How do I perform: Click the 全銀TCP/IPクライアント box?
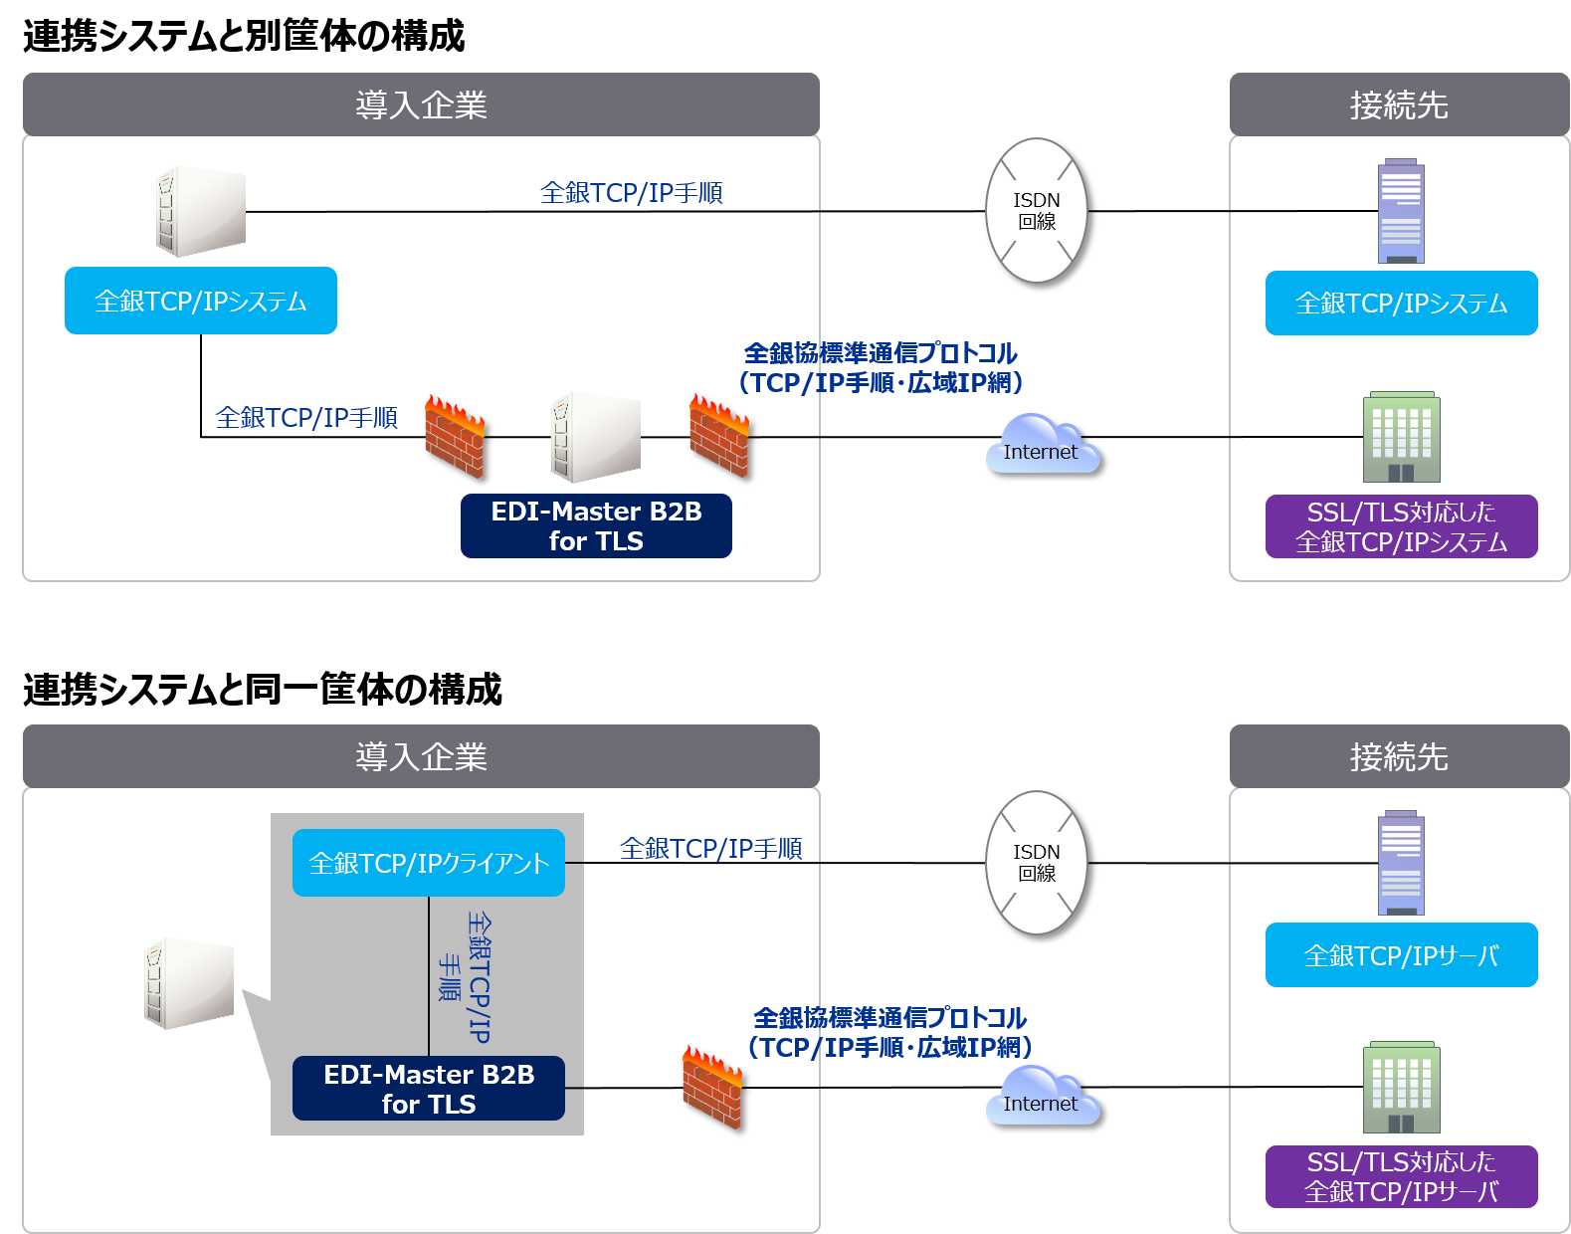429,863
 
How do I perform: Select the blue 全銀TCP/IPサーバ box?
1401,955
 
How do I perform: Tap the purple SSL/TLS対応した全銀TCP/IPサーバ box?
1401,1176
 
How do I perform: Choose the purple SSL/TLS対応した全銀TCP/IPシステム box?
1401,526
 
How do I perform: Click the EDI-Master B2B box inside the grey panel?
429,1089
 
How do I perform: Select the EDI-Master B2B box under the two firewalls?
596,525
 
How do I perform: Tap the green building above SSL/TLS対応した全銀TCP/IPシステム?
1401,437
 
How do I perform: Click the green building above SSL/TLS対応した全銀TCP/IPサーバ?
1401,1088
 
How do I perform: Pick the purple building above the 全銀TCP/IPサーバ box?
1401,863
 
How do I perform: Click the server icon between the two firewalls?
596,437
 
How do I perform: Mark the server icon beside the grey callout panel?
189,983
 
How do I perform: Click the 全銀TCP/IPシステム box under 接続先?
1401,304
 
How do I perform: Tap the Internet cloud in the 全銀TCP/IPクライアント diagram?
1042,1097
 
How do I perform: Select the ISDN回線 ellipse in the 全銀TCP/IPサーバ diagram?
1037,863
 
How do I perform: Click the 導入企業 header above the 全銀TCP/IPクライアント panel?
421,756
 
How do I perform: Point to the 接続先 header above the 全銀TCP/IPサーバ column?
1399,756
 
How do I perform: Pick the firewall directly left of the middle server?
454,436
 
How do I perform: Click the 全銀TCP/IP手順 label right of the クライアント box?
710,849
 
